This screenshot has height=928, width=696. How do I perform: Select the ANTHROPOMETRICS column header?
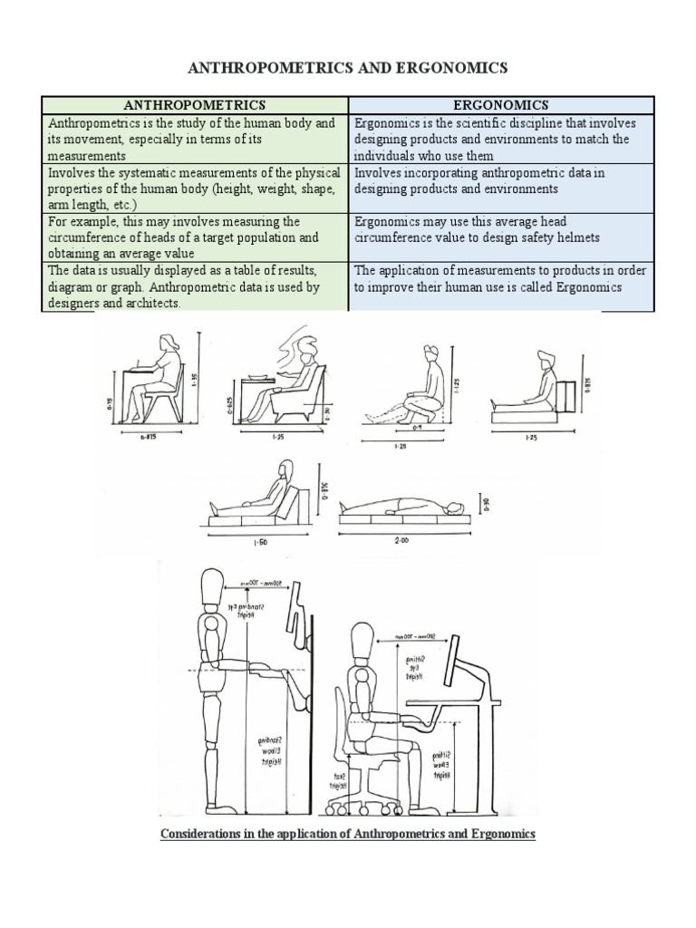195,105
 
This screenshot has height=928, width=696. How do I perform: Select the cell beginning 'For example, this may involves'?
195,237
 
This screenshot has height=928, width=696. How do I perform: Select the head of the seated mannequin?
362,637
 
